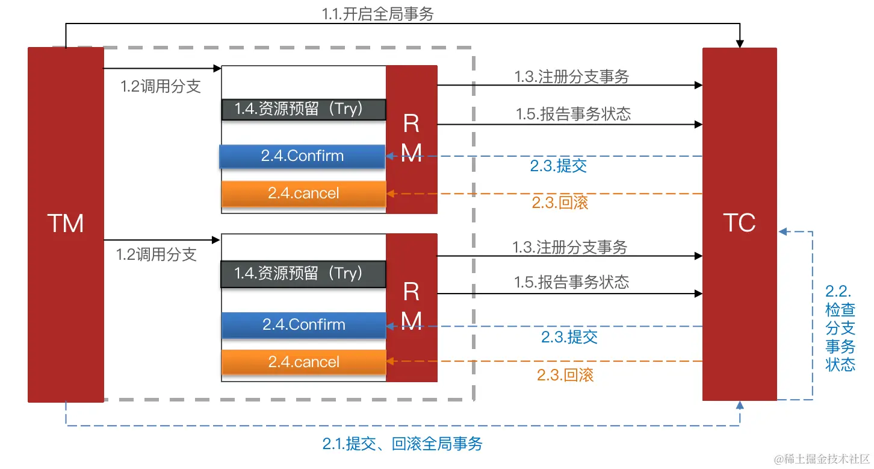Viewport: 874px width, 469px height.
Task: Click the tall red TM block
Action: click(x=66, y=224)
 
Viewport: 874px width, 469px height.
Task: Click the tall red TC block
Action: click(x=739, y=224)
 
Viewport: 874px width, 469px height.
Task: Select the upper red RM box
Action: click(x=411, y=139)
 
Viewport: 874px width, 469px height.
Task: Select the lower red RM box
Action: click(x=411, y=307)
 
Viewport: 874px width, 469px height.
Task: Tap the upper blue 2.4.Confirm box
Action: click(x=303, y=156)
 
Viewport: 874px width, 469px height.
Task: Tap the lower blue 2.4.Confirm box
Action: click(x=303, y=325)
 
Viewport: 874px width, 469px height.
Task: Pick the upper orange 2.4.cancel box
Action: click(x=303, y=194)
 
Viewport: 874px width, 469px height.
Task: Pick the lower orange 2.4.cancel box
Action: click(x=303, y=362)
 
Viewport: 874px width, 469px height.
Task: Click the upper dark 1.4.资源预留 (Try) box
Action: click(x=303, y=109)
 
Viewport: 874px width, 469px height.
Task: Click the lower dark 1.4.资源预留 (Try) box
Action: click(x=303, y=274)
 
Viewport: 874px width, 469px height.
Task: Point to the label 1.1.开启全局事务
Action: click(x=377, y=13)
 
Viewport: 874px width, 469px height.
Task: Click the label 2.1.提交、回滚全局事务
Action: click(x=402, y=445)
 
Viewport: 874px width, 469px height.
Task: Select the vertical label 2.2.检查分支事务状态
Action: click(x=840, y=329)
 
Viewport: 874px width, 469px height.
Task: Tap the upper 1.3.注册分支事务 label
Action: click(x=571, y=77)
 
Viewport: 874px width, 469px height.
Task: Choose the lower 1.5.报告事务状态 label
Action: click(x=571, y=282)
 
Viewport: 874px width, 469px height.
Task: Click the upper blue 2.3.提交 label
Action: click(x=558, y=166)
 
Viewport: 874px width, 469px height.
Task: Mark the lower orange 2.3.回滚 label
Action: click(x=565, y=375)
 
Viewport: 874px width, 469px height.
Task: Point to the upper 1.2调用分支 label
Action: click(x=160, y=86)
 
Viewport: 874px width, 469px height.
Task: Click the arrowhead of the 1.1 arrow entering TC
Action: click(x=740, y=44)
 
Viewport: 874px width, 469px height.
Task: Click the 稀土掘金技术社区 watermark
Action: click(x=822, y=459)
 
